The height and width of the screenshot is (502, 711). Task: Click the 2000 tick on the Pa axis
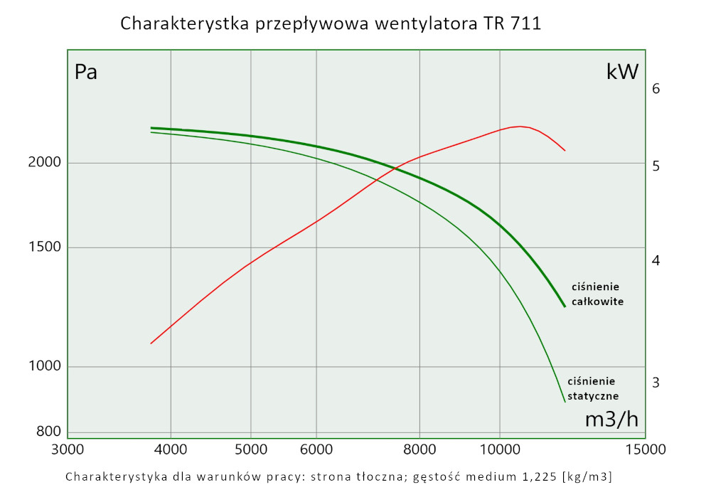coord(45,162)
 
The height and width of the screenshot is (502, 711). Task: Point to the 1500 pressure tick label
coord(45,247)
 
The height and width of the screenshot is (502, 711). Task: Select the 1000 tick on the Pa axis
coord(45,366)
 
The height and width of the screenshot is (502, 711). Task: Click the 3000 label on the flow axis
coord(68,449)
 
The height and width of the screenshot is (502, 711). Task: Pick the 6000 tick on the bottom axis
coord(316,449)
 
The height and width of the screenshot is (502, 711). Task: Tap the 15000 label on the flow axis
coord(645,449)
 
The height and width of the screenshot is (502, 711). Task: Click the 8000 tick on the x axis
coord(419,449)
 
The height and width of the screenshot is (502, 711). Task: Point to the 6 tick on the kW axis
coord(656,89)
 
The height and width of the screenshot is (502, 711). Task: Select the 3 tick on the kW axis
coord(656,383)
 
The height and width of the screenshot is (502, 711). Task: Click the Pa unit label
coord(86,73)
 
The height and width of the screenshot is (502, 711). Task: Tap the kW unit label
coord(623,71)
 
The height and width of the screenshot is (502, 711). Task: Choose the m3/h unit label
coord(611,420)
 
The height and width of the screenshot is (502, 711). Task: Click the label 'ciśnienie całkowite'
coord(597,294)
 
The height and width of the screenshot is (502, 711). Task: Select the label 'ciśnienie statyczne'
coord(593,388)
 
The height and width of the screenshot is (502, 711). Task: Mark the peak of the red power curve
coord(520,126)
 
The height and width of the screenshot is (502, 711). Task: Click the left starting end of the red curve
coord(151,343)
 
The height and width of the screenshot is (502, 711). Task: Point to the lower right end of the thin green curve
coord(565,402)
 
